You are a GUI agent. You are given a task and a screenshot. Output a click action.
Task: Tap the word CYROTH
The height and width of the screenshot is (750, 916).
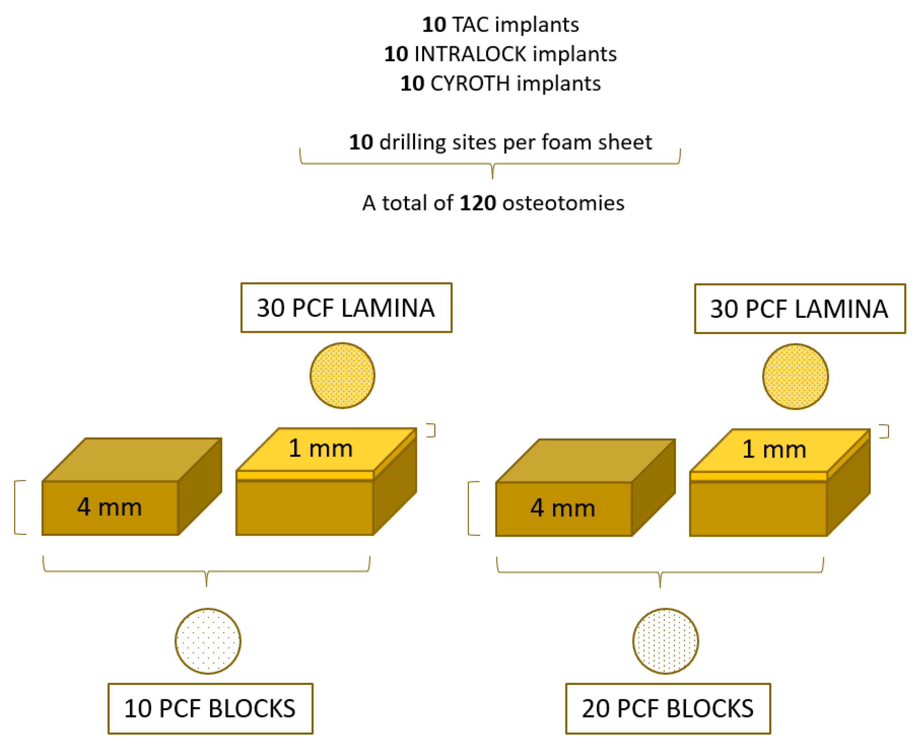tap(470, 84)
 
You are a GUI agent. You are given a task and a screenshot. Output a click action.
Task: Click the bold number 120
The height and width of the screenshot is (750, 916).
tap(478, 203)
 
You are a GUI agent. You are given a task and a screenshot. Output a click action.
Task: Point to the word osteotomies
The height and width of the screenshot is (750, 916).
tap(563, 203)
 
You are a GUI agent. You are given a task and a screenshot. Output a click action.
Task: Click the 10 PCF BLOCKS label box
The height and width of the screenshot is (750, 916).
tap(210, 709)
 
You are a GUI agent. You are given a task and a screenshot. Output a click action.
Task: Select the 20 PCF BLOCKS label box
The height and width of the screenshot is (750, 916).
tap(668, 709)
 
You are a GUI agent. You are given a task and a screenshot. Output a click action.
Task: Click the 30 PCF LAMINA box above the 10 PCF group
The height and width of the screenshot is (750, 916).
tap(346, 308)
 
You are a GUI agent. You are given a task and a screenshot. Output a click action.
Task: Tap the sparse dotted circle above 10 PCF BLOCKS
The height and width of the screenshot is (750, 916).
tap(208, 641)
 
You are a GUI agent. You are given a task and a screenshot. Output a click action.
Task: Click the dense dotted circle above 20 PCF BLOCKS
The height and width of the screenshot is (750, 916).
tap(665, 641)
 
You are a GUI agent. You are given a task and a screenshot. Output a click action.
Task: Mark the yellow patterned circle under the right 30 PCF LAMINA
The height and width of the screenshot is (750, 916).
tap(796, 377)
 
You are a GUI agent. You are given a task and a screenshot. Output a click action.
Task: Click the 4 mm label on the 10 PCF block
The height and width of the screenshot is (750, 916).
tap(110, 507)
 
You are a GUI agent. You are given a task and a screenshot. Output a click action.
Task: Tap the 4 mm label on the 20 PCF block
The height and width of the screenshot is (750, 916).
tap(563, 508)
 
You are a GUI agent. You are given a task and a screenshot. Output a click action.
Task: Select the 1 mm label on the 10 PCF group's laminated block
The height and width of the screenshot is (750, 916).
tap(321, 449)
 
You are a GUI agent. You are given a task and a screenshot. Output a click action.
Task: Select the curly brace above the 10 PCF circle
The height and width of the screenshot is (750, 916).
tap(207, 572)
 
